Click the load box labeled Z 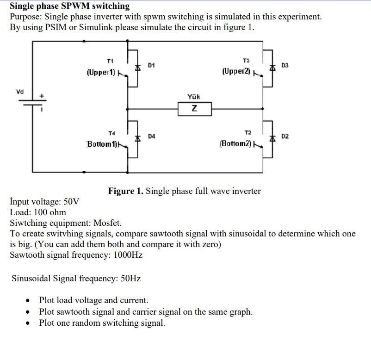click(195, 109)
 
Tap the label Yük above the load click(194, 97)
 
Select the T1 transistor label click(110, 61)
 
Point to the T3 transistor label click(246, 61)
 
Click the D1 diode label click(151, 66)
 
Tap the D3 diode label click(284, 66)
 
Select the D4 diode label click(152, 136)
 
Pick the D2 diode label click(285, 136)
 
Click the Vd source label click(19, 91)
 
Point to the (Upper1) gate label click(100, 73)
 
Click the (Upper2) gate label click(236, 72)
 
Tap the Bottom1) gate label click(101, 144)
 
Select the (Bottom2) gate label click(236, 143)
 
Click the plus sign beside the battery click(42, 96)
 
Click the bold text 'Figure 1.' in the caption click(126, 191)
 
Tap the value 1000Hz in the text click(125, 255)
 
